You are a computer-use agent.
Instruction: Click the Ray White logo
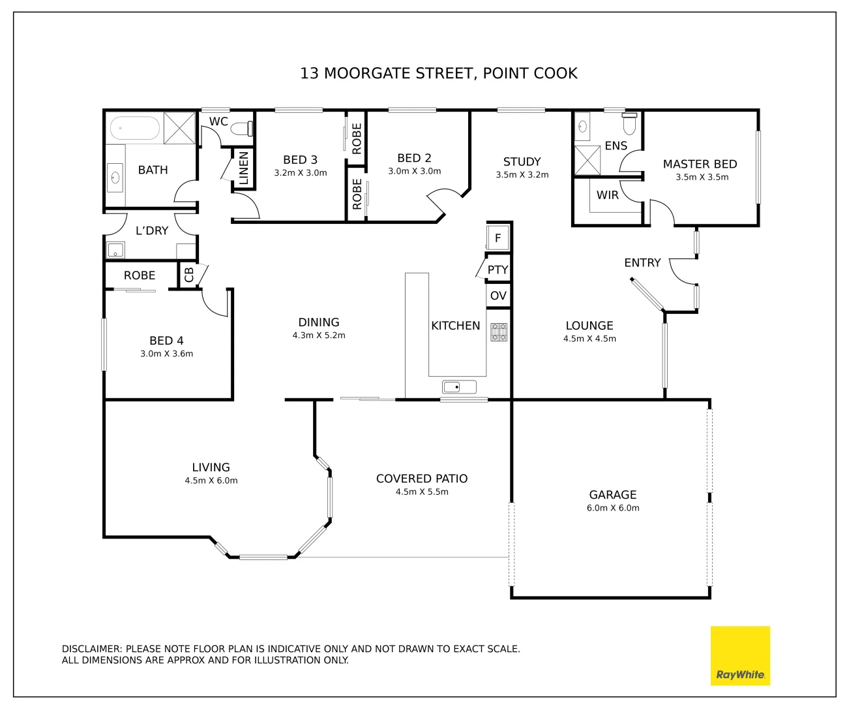coord(740,655)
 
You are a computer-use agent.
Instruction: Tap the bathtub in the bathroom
coord(135,128)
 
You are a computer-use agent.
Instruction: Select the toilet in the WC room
coord(244,129)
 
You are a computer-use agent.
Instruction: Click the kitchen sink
coord(459,387)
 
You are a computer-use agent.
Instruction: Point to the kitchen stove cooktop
coord(499,332)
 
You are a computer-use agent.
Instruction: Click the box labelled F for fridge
coord(498,238)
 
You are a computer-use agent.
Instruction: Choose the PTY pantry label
coord(498,270)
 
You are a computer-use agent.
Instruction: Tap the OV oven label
coord(498,296)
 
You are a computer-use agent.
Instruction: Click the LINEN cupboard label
coord(243,169)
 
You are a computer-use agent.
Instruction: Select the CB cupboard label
coord(189,275)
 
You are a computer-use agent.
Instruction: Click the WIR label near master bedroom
coord(607,195)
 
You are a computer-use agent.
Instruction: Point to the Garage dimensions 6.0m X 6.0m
coord(612,508)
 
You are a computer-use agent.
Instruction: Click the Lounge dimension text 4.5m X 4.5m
coord(589,339)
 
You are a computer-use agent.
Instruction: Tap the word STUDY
coord(522,161)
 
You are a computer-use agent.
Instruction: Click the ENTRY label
coord(642,262)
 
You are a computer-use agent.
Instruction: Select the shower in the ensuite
coord(586,161)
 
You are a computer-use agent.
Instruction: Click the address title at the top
coord(438,73)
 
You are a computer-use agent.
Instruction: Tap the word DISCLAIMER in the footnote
coord(91,649)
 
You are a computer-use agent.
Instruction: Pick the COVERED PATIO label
coord(422,478)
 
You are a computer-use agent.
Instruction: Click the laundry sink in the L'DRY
coord(116,250)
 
